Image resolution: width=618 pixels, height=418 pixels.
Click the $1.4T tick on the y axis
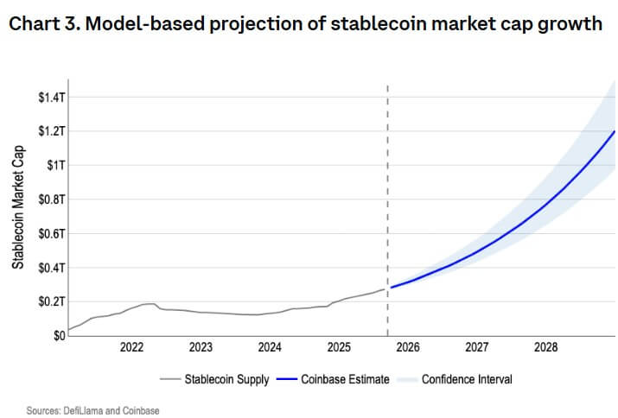tap(49, 98)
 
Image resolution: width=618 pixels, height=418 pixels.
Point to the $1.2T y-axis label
tap(49, 131)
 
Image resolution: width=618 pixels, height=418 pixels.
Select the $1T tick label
tap(54, 165)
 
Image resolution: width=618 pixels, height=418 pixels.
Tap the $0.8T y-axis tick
tap(49, 199)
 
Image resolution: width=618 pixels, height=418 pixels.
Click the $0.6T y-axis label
tap(49, 233)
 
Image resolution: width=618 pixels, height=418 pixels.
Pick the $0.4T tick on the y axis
tap(49, 268)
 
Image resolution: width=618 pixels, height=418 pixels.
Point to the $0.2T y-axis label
tap(49, 301)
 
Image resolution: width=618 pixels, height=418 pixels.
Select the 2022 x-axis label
tap(131, 347)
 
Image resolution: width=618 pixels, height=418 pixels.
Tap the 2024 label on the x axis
tap(270, 347)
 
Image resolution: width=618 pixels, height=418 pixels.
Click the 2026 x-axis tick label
tap(408, 347)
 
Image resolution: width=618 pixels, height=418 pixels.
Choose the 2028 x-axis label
tap(546, 347)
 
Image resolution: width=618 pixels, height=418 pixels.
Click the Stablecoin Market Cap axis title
tap(18, 206)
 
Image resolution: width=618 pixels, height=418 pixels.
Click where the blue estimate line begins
tap(391, 287)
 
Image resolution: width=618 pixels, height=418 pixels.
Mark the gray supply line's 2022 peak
tap(150, 303)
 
